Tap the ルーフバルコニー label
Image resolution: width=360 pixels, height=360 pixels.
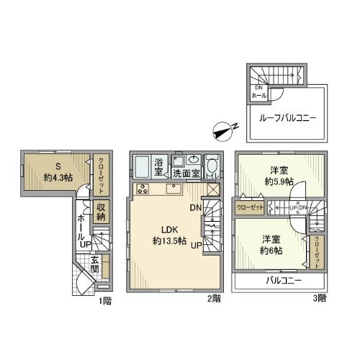(x=285, y=119)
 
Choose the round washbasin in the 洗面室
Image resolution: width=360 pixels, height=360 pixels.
(x=192, y=160)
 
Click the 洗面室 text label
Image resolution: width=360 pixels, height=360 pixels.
(x=185, y=174)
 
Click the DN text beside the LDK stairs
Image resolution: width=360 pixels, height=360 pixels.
(x=194, y=208)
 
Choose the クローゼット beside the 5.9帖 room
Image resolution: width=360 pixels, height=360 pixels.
(x=250, y=207)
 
